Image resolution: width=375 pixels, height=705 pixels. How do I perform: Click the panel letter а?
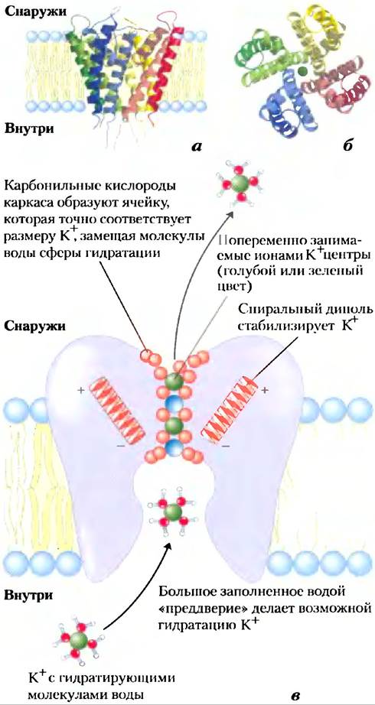195,145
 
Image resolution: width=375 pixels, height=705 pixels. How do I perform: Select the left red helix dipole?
117,408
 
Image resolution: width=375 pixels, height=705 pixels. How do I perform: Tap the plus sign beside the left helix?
80,391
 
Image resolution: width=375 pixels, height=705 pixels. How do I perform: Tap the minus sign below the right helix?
225,446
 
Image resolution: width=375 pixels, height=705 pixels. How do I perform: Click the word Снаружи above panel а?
36,12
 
